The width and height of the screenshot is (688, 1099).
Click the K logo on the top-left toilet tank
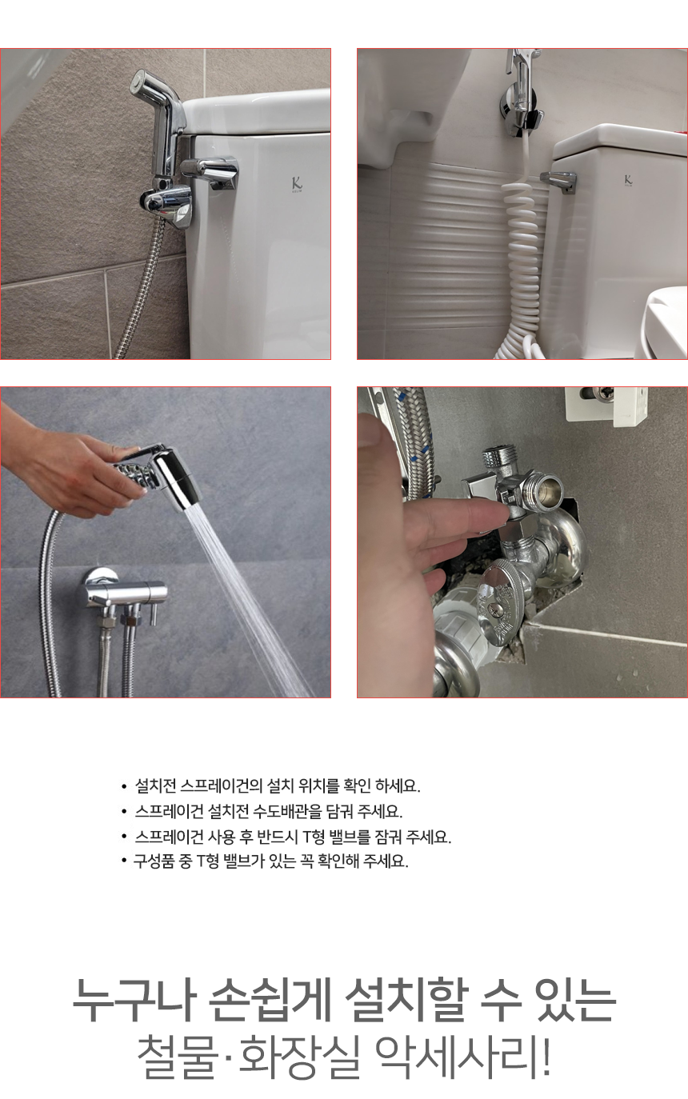297,184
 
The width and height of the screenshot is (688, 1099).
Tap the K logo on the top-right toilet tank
628,180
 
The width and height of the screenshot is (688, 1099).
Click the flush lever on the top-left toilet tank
210,173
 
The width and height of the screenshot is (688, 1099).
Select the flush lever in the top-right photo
558,182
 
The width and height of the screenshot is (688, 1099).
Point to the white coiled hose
522,255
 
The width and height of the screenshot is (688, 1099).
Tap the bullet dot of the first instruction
124,787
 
